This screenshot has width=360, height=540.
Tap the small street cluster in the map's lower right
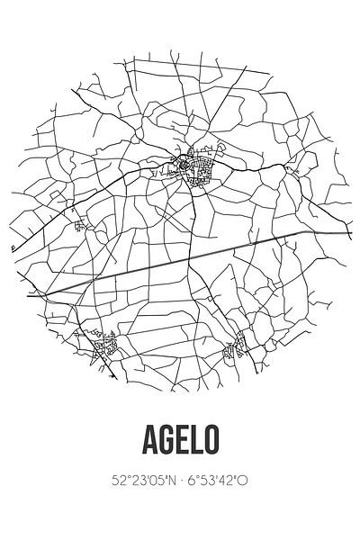coord(239,343)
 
